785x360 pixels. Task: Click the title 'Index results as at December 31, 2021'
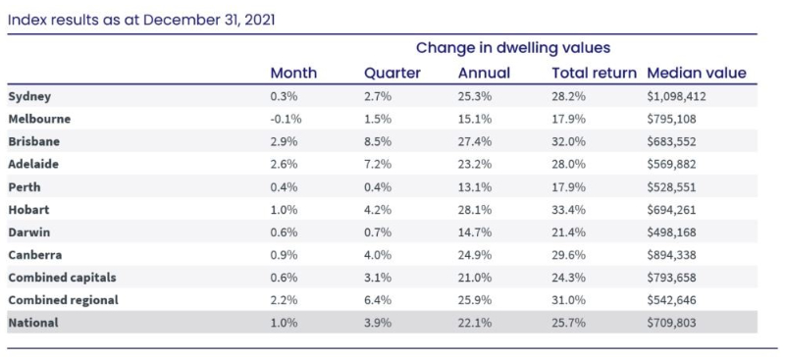click(x=141, y=21)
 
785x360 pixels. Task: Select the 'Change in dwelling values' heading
click(x=513, y=48)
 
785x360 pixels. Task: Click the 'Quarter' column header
click(x=392, y=74)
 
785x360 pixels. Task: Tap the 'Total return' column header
click(x=595, y=74)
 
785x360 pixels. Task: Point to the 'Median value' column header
click(x=697, y=74)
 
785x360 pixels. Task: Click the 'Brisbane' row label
click(x=34, y=141)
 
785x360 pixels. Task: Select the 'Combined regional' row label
click(x=63, y=300)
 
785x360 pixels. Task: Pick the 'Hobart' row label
click(x=28, y=210)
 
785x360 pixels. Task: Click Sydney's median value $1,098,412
click(x=676, y=97)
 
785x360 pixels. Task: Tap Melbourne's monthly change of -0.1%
click(x=287, y=119)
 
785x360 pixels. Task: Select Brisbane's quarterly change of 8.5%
click(x=378, y=141)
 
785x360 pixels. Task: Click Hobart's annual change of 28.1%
click(x=475, y=210)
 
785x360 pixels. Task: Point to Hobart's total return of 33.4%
click(x=569, y=210)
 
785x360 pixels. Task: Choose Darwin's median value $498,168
click(x=671, y=232)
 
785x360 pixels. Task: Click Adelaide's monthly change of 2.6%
click(x=284, y=164)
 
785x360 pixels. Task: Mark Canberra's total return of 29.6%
click(x=569, y=255)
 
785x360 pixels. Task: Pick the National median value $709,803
click(x=671, y=323)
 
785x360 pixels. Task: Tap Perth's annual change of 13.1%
click(x=475, y=187)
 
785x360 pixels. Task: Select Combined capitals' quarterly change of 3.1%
click(x=378, y=278)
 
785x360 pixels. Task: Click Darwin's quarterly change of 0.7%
click(x=378, y=232)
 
